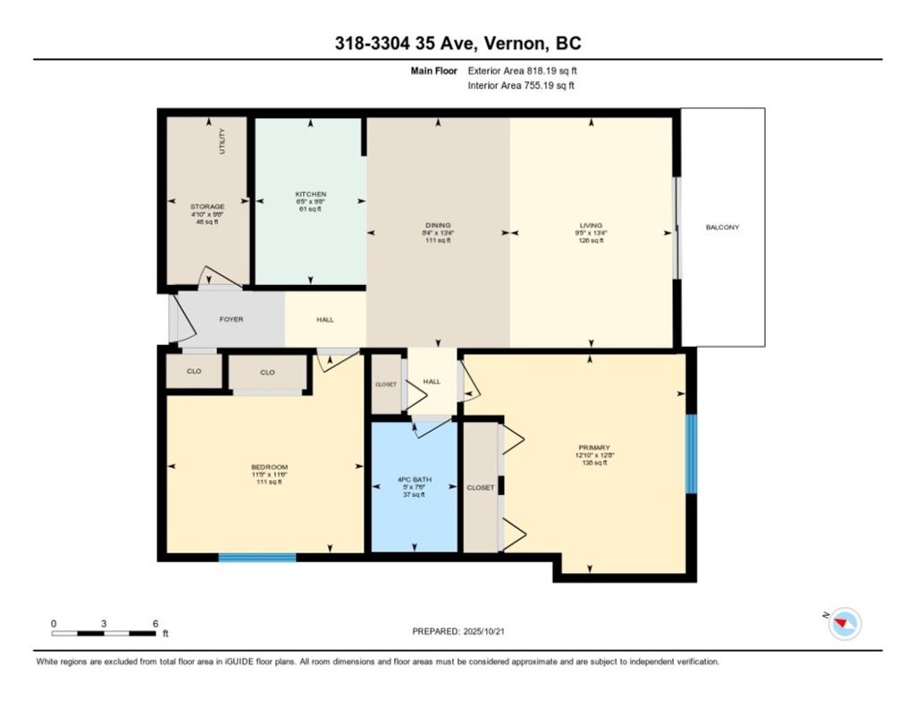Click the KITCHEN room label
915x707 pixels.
point(311,194)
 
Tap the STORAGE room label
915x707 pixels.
point(206,206)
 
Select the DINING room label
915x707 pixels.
point(438,225)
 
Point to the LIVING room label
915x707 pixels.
point(591,225)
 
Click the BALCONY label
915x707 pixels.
point(722,227)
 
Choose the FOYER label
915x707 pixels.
point(231,319)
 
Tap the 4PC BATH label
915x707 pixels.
point(414,480)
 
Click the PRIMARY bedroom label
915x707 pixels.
point(593,447)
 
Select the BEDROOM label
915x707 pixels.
point(269,467)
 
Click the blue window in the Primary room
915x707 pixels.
point(691,453)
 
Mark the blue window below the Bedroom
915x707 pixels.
point(257,558)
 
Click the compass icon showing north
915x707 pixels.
point(844,624)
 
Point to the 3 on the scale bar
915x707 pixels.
point(104,623)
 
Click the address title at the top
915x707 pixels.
point(458,44)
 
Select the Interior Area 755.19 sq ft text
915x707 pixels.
point(521,86)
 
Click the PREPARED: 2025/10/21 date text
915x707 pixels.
point(464,631)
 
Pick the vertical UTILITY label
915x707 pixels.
point(222,142)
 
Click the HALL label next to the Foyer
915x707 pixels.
point(325,319)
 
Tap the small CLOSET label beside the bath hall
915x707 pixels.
point(385,383)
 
